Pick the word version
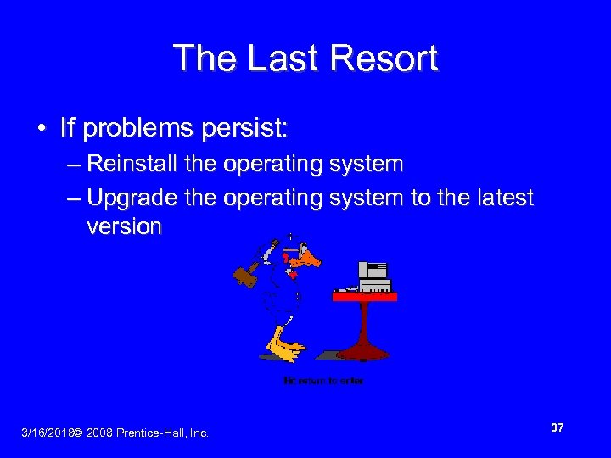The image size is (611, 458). (x=124, y=226)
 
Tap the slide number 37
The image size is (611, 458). (x=557, y=428)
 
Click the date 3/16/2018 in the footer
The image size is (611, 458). (x=47, y=433)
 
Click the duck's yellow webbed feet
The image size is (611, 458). (x=285, y=346)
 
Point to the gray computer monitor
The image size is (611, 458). (x=373, y=271)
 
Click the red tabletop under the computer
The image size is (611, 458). (x=364, y=296)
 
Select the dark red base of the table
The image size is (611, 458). (x=364, y=350)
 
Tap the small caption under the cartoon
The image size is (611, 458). (x=323, y=382)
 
